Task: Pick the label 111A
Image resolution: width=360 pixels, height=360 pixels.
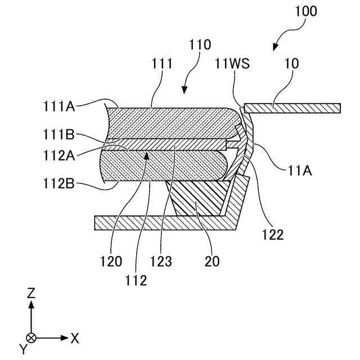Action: tap(59, 105)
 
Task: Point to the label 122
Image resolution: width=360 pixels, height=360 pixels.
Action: tap(272, 234)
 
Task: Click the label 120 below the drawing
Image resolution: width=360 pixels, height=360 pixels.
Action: tap(111, 261)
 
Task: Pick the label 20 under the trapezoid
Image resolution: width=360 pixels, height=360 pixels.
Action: tap(212, 261)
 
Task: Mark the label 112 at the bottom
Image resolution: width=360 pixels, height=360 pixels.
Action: tap(136, 280)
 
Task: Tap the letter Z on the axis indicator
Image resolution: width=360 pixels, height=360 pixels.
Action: tap(31, 292)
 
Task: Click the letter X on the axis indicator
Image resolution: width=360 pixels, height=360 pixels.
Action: tap(75, 338)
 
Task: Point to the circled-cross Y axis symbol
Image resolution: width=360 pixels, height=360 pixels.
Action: tap(31, 338)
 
